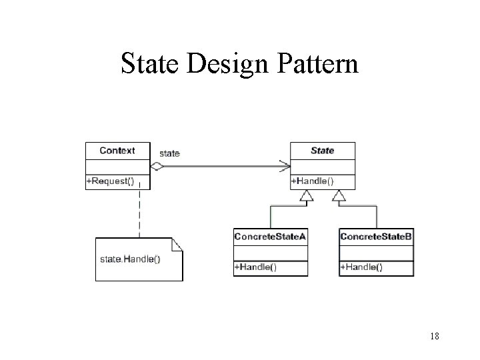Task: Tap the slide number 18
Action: point(434,337)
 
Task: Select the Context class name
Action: point(117,151)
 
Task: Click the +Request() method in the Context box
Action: point(110,181)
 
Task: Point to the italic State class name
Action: point(323,151)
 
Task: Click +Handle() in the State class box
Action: point(313,181)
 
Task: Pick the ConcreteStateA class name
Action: point(270,237)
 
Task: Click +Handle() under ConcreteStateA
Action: point(256,267)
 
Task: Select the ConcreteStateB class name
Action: point(377,237)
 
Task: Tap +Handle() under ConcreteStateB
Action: point(362,267)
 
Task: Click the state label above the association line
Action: point(170,153)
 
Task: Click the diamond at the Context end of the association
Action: point(157,165)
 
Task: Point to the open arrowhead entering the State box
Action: point(284,165)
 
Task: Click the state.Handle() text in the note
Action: point(130,259)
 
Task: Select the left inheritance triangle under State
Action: point(305,195)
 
